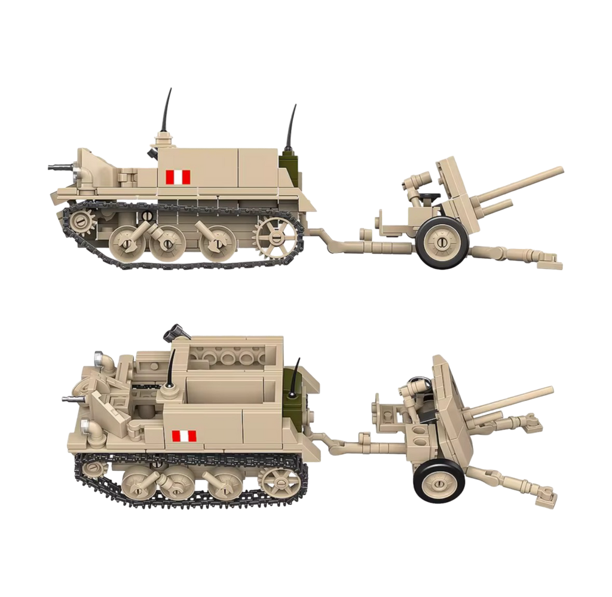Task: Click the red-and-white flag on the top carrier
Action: click(178, 176)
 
